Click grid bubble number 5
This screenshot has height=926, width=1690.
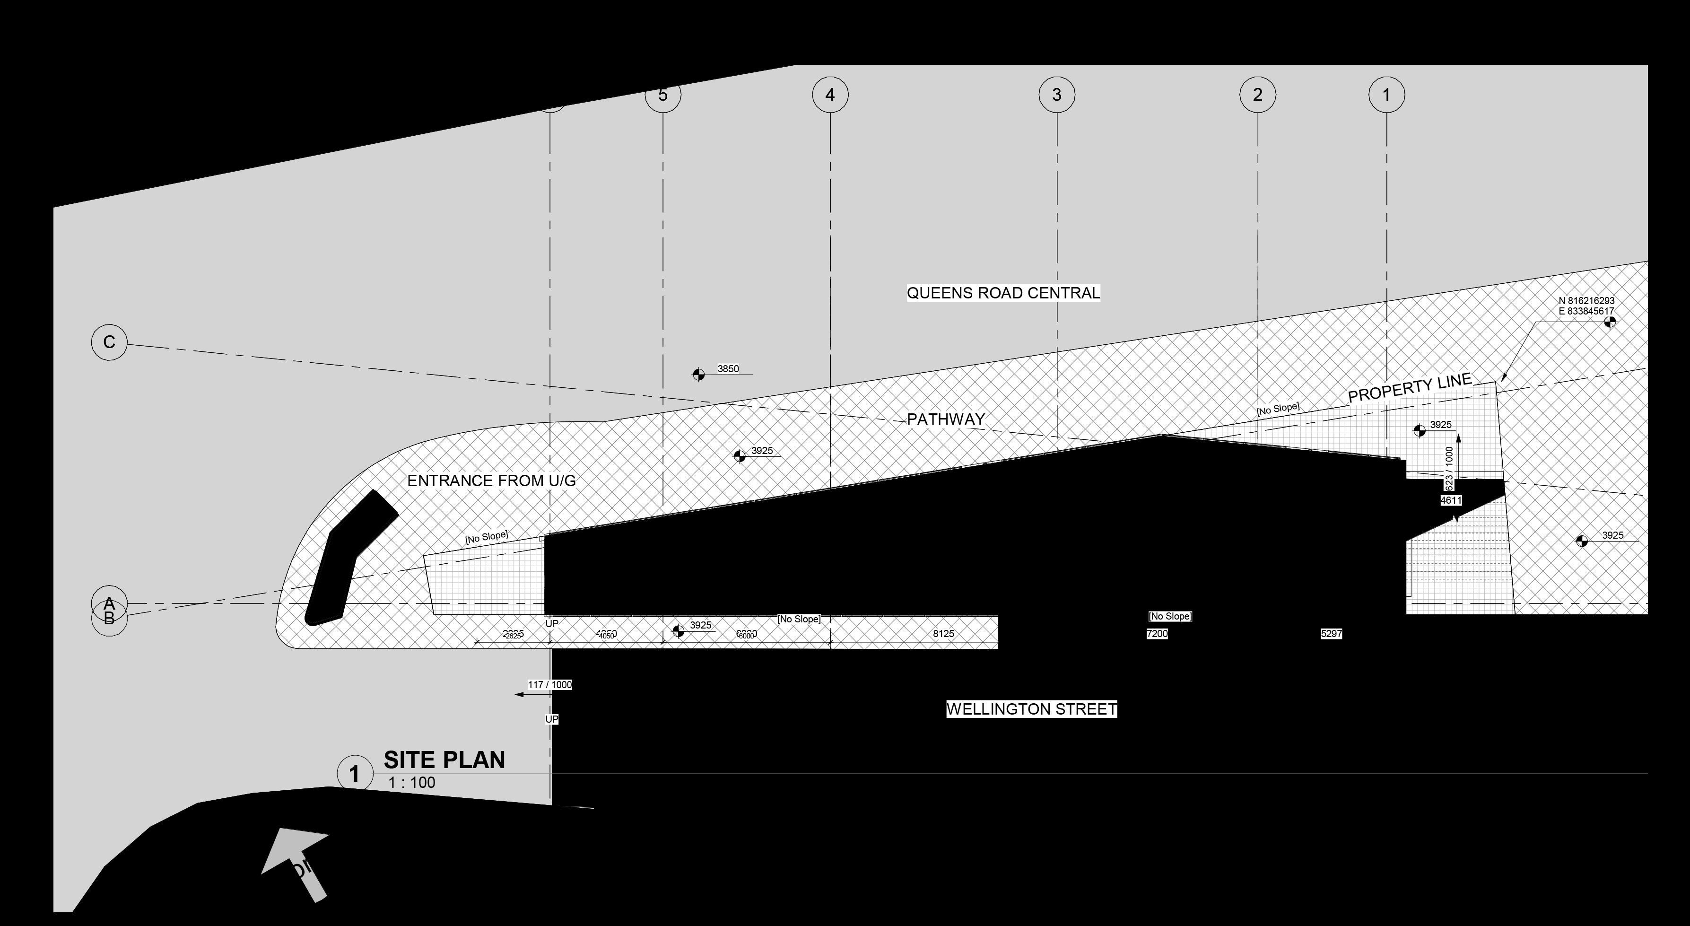(x=662, y=95)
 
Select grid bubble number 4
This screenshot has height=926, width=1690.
(x=830, y=95)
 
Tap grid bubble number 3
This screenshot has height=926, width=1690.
(x=1056, y=95)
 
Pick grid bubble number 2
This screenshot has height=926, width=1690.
(x=1257, y=95)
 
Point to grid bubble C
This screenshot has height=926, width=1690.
(x=109, y=342)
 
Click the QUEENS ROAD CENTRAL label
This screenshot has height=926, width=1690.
(x=1003, y=293)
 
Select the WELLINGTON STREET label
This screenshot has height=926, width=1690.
(x=1031, y=709)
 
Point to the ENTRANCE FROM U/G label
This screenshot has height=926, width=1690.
(x=491, y=481)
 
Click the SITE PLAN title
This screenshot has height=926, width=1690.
(x=444, y=760)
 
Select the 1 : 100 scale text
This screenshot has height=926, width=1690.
(x=411, y=783)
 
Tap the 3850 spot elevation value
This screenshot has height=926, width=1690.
(x=728, y=369)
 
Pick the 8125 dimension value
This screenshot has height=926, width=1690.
(x=943, y=634)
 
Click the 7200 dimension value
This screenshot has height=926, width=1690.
(x=1157, y=634)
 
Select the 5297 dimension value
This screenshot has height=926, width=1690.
(x=1331, y=634)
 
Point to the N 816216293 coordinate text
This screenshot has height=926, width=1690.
(x=1586, y=301)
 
